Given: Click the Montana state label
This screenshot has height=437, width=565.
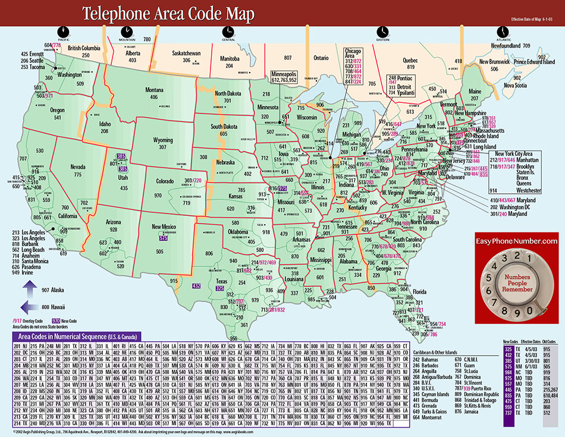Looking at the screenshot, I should click(154, 90).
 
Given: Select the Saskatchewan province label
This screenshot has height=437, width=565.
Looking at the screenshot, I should click(186, 53).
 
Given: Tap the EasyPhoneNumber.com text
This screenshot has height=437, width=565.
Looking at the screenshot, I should click(516, 241).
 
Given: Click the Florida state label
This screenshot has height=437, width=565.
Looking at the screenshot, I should click(419, 292).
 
